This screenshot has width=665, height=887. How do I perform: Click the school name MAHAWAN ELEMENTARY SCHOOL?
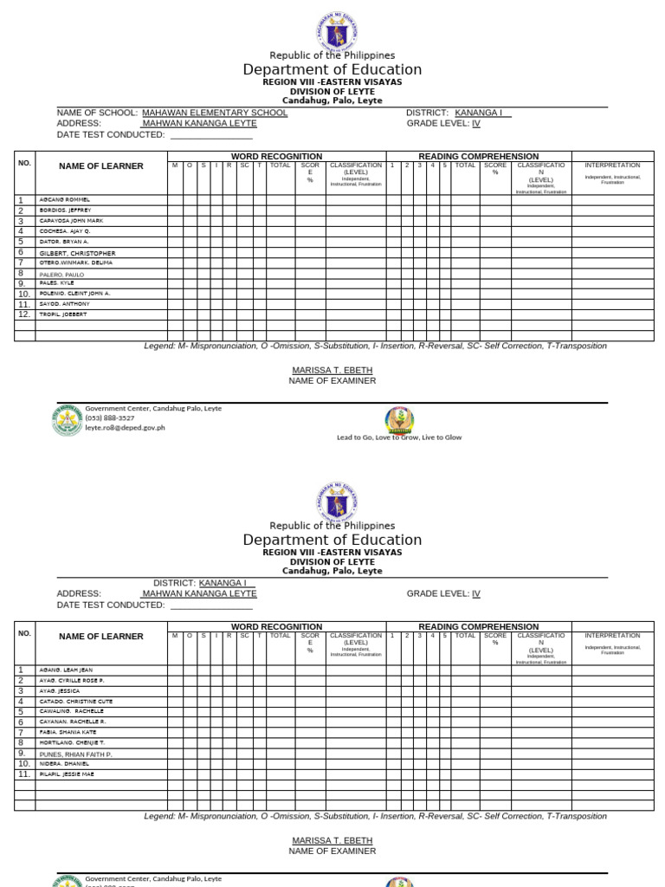215,113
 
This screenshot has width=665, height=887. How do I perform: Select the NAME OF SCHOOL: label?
97,113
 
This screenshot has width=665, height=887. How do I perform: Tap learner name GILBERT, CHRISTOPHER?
77,253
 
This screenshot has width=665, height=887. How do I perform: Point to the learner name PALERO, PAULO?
61,274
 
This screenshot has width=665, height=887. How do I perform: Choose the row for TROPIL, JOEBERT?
63,314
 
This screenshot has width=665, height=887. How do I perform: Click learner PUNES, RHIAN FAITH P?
75,754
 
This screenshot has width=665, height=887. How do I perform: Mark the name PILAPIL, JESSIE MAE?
67,774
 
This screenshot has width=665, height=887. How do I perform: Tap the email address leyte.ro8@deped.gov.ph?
125,427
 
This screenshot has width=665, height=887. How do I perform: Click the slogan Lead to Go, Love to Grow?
399,437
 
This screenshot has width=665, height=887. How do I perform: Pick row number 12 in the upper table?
24,314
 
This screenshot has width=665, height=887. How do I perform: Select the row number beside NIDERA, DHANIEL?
24,763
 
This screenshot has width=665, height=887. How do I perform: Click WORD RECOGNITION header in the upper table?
276,156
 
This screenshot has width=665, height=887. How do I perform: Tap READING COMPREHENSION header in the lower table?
478,626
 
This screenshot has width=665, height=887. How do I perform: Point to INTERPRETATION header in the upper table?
612,165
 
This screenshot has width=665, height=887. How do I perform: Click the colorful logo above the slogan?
399,420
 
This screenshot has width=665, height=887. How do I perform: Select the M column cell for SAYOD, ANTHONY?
174,304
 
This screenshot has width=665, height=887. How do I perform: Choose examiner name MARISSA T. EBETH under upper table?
332,370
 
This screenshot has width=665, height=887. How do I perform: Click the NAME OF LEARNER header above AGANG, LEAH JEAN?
100,637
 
